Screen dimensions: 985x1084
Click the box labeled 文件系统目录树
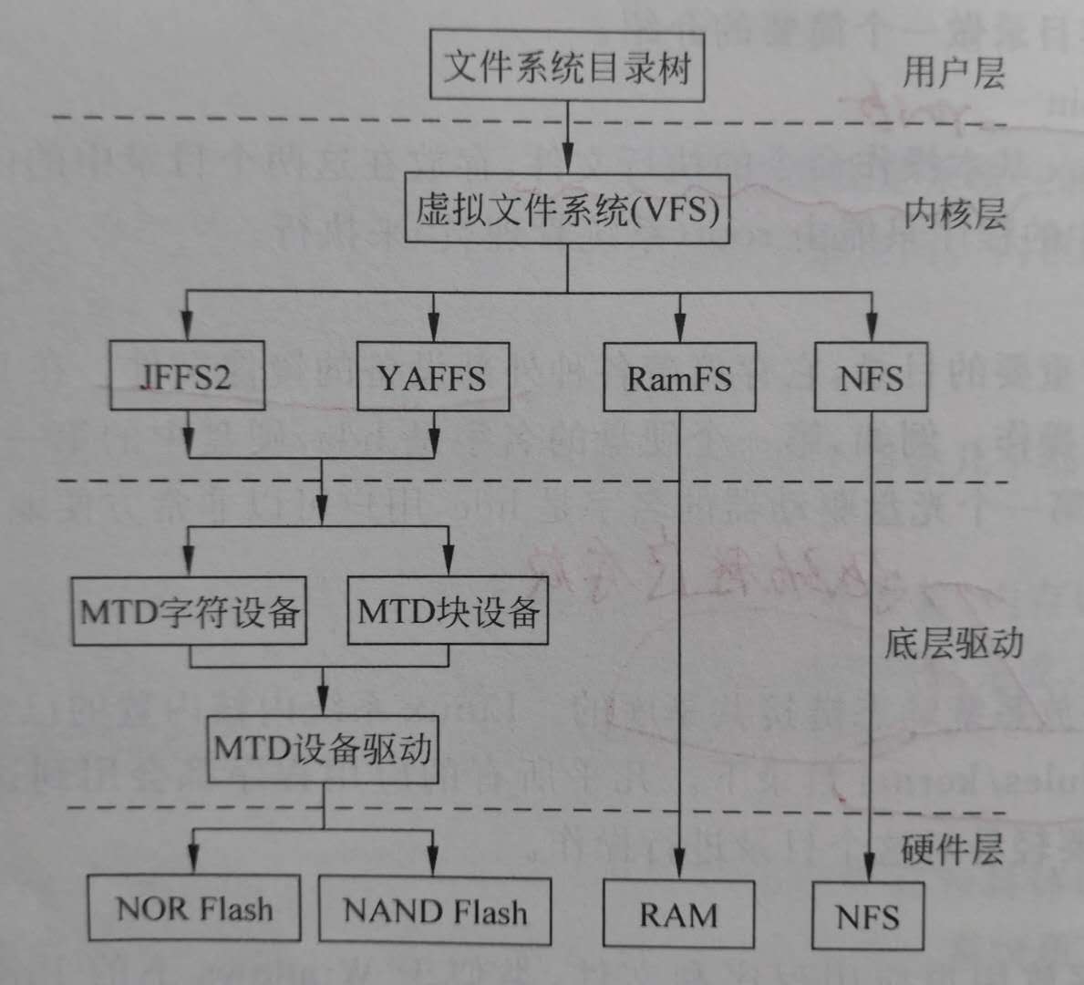[567, 65]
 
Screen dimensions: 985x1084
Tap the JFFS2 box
[187, 376]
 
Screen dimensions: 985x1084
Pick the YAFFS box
[432, 376]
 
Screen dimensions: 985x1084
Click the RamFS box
[679, 377]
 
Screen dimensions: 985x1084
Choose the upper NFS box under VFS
[871, 377]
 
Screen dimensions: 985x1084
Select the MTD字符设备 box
[190, 611]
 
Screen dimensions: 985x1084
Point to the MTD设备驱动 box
[323, 750]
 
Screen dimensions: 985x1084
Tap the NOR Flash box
[194, 908]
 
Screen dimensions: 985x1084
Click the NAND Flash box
[435, 910]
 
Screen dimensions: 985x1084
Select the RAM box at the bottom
[678, 914]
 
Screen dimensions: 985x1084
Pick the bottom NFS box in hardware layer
[868, 916]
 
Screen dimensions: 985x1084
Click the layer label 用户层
[953, 71]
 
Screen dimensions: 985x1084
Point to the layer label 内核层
[954, 215]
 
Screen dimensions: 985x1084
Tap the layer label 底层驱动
[953, 644]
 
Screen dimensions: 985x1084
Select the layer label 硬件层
[952, 850]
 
